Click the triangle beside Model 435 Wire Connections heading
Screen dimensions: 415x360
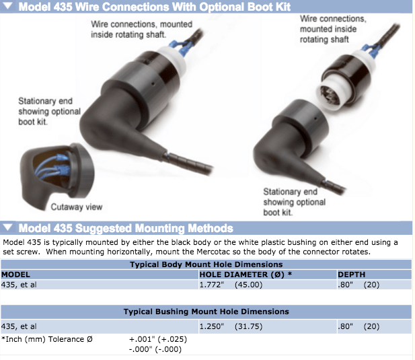point(7,5)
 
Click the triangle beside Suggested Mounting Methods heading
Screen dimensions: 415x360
point(7,227)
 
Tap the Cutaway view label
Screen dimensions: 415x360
point(77,207)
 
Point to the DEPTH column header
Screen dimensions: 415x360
point(352,275)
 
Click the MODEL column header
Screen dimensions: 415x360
point(15,275)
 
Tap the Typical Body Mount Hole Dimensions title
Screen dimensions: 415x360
point(206,264)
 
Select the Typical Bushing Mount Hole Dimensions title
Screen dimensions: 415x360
point(206,312)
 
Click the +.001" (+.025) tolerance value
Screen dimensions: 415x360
point(158,339)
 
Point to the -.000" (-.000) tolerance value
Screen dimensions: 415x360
point(155,349)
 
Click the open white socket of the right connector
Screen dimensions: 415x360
point(331,94)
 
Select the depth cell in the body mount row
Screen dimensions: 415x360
point(359,285)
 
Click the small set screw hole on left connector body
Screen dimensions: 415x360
point(153,83)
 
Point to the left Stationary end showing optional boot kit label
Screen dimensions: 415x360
point(49,112)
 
